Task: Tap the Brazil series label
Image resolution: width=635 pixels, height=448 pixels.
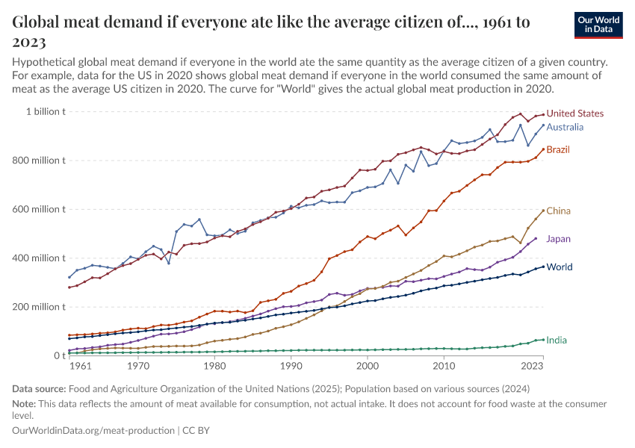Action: point(557,150)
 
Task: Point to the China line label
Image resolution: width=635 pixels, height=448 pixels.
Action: point(558,211)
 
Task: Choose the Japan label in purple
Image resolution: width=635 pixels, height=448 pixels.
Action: point(560,239)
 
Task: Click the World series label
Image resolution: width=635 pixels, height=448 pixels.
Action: point(560,267)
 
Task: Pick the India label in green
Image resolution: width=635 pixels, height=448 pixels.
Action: point(556,340)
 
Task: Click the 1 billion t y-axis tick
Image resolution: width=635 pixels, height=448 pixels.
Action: point(46,112)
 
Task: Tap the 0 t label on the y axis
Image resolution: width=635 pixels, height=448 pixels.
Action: point(58,356)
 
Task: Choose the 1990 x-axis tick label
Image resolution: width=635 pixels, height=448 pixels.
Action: point(291,367)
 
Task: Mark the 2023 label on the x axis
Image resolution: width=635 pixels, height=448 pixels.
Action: point(531,367)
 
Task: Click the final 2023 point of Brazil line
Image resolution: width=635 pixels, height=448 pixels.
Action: point(543,149)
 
